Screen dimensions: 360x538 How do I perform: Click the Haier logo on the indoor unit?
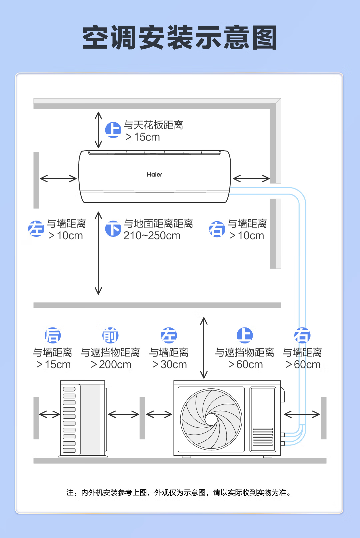click(x=154, y=175)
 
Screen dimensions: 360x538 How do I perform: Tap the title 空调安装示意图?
click(x=180, y=38)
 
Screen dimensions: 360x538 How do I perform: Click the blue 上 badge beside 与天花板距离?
click(x=113, y=130)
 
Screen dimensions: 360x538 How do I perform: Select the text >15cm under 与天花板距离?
click(x=143, y=137)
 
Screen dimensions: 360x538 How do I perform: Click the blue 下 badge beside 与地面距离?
click(x=113, y=229)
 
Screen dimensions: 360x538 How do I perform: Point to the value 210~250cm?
click(x=152, y=236)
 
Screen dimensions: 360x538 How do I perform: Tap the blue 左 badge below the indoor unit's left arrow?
click(x=36, y=229)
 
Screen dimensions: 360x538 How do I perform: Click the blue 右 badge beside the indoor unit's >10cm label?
click(x=217, y=229)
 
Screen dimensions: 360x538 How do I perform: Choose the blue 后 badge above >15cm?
click(x=53, y=335)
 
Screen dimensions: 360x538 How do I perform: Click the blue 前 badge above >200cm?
click(x=110, y=335)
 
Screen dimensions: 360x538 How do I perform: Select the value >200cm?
click(x=111, y=365)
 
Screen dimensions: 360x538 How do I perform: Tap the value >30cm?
click(x=169, y=365)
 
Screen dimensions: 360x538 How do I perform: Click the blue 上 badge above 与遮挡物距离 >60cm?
click(x=245, y=335)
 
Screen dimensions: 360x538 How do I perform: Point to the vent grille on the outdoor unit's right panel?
click(x=263, y=437)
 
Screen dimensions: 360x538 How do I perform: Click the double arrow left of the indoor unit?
click(x=58, y=179)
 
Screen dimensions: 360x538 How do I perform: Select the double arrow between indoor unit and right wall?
click(x=251, y=179)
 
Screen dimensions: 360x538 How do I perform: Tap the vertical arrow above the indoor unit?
click(x=98, y=130)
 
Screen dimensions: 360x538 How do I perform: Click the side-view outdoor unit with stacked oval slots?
click(x=83, y=419)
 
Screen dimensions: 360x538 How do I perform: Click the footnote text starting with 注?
click(x=179, y=493)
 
